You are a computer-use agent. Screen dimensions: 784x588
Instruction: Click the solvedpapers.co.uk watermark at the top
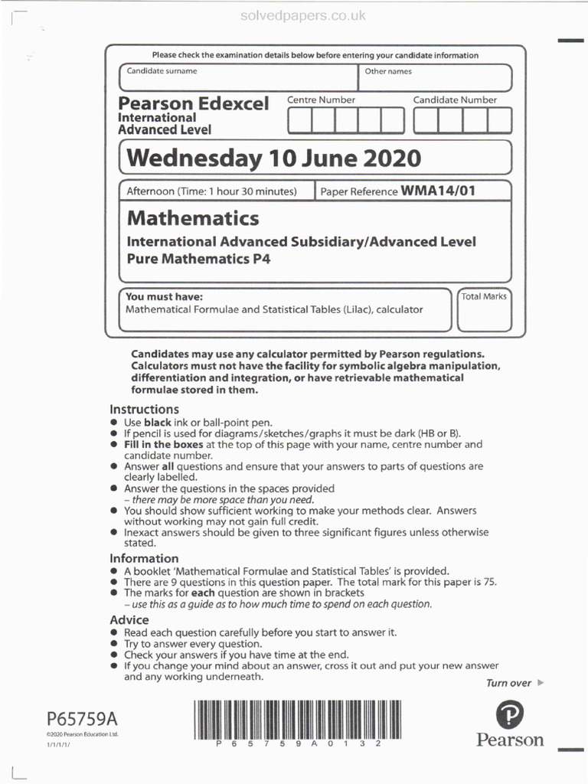coord(304,15)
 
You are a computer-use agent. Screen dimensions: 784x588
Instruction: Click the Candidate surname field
coord(237,78)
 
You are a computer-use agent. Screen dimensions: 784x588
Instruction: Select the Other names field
coord(434,78)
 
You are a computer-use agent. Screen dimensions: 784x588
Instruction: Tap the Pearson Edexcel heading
coord(194,103)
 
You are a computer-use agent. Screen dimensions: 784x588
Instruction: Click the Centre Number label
coord(321,100)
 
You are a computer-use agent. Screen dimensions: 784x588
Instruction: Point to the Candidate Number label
coord(455,100)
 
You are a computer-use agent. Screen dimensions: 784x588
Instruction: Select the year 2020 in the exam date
coord(386,158)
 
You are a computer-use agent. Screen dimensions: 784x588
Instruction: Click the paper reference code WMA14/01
coord(438,191)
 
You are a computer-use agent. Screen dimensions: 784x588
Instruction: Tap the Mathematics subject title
coord(193,218)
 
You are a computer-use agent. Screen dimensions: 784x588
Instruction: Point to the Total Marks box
coord(484,310)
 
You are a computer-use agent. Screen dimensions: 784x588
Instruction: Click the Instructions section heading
coord(144,409)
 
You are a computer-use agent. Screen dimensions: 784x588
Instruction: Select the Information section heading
coord(144,558)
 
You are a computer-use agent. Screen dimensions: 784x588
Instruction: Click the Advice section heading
coord(129,619)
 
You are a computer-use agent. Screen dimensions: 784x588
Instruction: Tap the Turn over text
coord(508,683)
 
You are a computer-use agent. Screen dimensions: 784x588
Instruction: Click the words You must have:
coord(164,296)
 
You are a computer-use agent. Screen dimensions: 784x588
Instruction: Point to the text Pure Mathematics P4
coord(198,259)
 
